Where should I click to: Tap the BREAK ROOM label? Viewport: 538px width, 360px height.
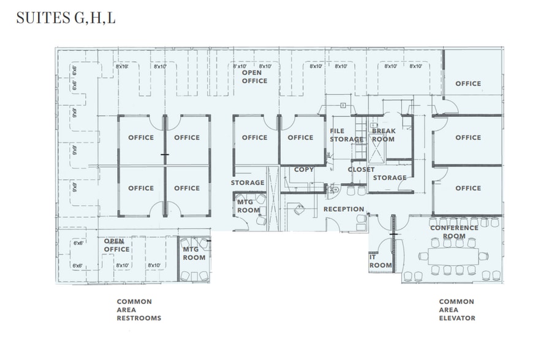pos(383,135)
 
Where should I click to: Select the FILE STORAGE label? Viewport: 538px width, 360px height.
pos(346,135)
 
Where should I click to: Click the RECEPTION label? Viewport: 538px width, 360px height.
pos(344,209)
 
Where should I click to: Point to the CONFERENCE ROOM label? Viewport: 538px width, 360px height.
pos(454,231)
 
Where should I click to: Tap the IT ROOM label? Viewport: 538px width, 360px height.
pos(379,261)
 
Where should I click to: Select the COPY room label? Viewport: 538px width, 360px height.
pos(304,169)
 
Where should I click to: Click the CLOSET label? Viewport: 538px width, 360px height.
pos(361,169)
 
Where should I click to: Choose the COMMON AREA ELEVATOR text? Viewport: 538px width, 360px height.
pos(457,310)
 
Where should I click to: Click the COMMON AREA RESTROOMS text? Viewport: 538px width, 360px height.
pos(139,310)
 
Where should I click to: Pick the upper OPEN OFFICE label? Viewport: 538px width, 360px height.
pos(255,77)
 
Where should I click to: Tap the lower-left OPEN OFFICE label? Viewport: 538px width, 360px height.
pos(116,245)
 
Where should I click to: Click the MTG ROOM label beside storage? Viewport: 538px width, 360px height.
pos(248,206)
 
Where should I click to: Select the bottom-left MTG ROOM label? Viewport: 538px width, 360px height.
pos(194,253)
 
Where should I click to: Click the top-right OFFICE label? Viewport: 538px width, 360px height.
pos(468,83)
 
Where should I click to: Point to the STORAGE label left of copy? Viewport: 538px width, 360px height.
pos(248,182)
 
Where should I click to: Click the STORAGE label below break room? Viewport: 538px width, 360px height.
pos(390,178)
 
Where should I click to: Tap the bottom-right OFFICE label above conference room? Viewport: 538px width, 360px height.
pos(468,188)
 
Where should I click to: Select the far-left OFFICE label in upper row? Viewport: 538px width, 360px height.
pos(141,137)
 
